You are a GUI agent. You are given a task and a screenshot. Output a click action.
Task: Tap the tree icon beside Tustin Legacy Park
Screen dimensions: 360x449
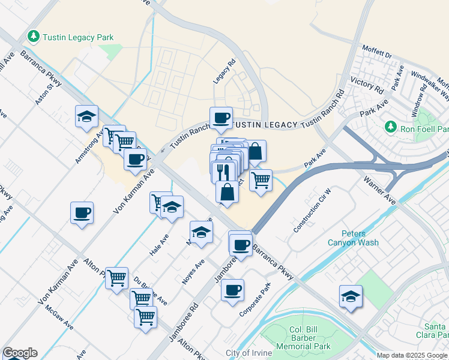tap(34, 37)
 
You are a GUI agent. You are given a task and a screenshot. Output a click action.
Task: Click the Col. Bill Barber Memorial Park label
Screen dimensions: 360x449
tap(297, 342)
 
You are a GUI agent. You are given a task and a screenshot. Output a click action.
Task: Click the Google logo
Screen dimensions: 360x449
tap(20, 353)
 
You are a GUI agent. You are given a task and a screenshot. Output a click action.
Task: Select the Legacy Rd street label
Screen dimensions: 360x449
tap(223, 71)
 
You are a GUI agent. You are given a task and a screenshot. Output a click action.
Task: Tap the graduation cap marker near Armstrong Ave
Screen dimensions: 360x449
tap(86, 116)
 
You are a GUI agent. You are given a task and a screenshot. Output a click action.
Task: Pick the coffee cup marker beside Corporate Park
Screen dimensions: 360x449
tap(232, 291)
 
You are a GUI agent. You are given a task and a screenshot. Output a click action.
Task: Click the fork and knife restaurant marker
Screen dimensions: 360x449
tap(223, 172)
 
